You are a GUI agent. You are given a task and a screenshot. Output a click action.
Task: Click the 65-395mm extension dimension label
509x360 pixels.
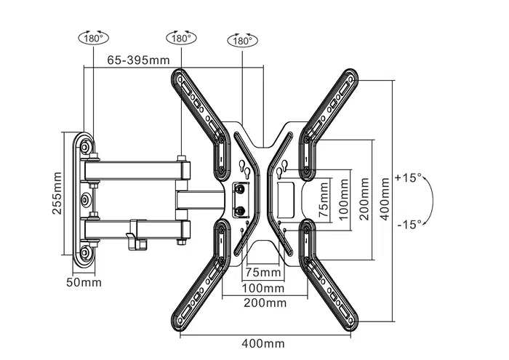pyautogui.click(x=138, y=60)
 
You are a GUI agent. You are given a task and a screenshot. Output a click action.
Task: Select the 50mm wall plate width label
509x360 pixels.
pyautogui.click(x=86, y=281)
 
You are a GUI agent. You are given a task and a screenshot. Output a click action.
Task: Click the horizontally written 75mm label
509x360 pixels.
pyautogui.click(x=263, y=273)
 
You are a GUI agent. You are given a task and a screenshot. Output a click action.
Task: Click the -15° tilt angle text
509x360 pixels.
pyautogui.click(x=409, y=225)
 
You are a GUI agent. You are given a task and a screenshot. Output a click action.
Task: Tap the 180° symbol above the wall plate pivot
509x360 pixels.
pyautogui.click(x=92, y=37)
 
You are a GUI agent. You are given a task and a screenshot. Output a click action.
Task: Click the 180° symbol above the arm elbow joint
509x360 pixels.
pyautogui.click(x=180, y=37)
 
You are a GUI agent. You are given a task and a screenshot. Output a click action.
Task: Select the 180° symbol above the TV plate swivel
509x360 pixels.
pyautogui.click(x=241, y=41)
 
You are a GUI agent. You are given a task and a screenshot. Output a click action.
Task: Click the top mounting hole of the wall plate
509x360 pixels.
pyautogui.click(x=87, y=147)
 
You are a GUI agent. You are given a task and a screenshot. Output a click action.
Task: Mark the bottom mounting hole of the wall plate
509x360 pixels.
pyautogui.click(x=87, y=252)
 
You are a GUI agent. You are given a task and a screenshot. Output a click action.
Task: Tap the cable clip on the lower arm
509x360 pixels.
pyautogui.click(x=132, y=236)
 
